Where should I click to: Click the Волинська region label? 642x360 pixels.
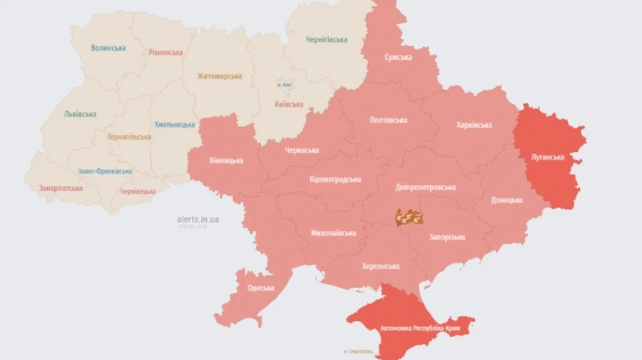click(x=108, y=48)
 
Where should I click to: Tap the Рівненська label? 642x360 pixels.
click(x=165, y=52)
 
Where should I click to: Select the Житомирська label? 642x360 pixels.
click(x=219, y=76)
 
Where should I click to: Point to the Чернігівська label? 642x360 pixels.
click(x=326, y=39)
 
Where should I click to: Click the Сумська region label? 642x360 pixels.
click(x=398, y=57)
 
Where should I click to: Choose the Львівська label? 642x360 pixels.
click(x=80, y=113)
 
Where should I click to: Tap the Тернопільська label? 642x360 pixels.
click(x=129, y=136)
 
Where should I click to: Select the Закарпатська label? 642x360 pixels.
click(x=61, y=188)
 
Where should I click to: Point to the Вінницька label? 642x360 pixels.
click(x=226, y=160)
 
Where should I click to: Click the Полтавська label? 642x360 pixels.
click(x=388, y=120)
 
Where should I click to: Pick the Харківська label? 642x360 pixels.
click(x=474, y=125)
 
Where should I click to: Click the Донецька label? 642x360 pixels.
click(x=506, y=200)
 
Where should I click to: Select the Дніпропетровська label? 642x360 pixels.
click(x=425, y=187)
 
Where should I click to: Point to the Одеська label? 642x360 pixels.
click(x=260, y=288)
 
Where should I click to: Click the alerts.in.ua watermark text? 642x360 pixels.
click(x=198, y=219)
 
